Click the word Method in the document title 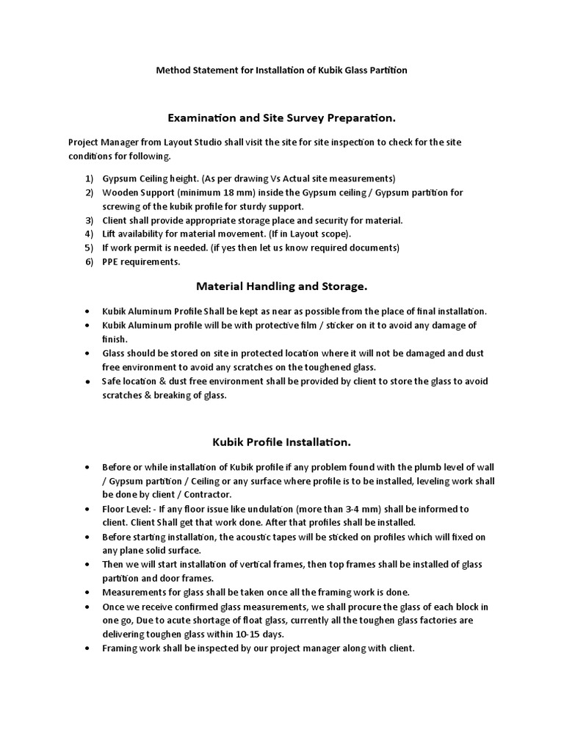click(174, 70)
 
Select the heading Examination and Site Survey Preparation click(281, 117)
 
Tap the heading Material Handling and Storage click(281, 285)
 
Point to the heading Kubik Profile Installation click(281, 442)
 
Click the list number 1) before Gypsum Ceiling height click(89, 178)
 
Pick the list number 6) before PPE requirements click(89, 261)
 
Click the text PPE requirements click(140, 261)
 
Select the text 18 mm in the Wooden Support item click(223, 192)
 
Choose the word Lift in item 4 click(109, 234)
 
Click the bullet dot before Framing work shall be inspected click(88, 649)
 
